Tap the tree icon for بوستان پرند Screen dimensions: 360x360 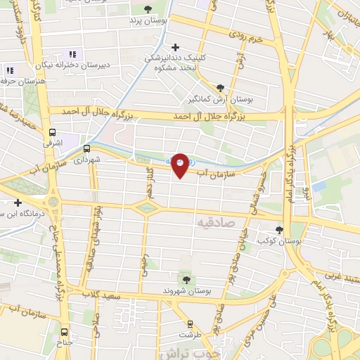[147, 9]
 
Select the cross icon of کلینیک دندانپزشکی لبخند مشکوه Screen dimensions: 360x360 [175, 46]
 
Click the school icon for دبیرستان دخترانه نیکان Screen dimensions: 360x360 [71, 55]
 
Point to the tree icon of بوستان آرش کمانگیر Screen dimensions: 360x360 [221, 88]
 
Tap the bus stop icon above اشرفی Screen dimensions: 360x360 [53, 131]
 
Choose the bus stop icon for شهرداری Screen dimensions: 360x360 [87, 149]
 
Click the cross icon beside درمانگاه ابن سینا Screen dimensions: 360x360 [18, 202]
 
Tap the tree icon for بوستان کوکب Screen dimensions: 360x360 [279, 230]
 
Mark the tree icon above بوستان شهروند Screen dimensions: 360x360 [186, 280]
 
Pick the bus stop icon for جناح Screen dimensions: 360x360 [65, 332]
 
